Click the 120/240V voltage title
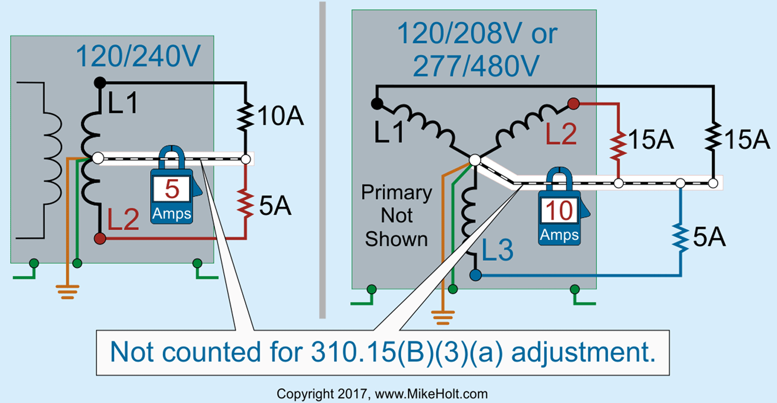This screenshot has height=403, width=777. click(x=138, y=57)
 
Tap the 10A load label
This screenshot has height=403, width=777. click(x=281, y=116)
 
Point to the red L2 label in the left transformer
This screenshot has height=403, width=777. click(x=123, y=221)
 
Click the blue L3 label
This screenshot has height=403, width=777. click(x=497, y=251)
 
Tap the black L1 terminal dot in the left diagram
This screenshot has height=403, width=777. click(x=100, y=82)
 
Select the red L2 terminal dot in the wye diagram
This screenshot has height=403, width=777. click(x=573, y=104)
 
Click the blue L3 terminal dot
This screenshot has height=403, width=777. click(x=475, y=275)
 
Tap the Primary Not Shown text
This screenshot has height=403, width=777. click(x=397, y=216)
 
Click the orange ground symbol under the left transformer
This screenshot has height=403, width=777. click(x=67, y=292)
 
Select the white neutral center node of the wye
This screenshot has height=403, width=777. click(x=475, y=161)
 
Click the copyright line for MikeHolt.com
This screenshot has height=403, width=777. click(x=382, y=393)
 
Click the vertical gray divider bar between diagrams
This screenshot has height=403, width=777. click(x=322, y=161)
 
